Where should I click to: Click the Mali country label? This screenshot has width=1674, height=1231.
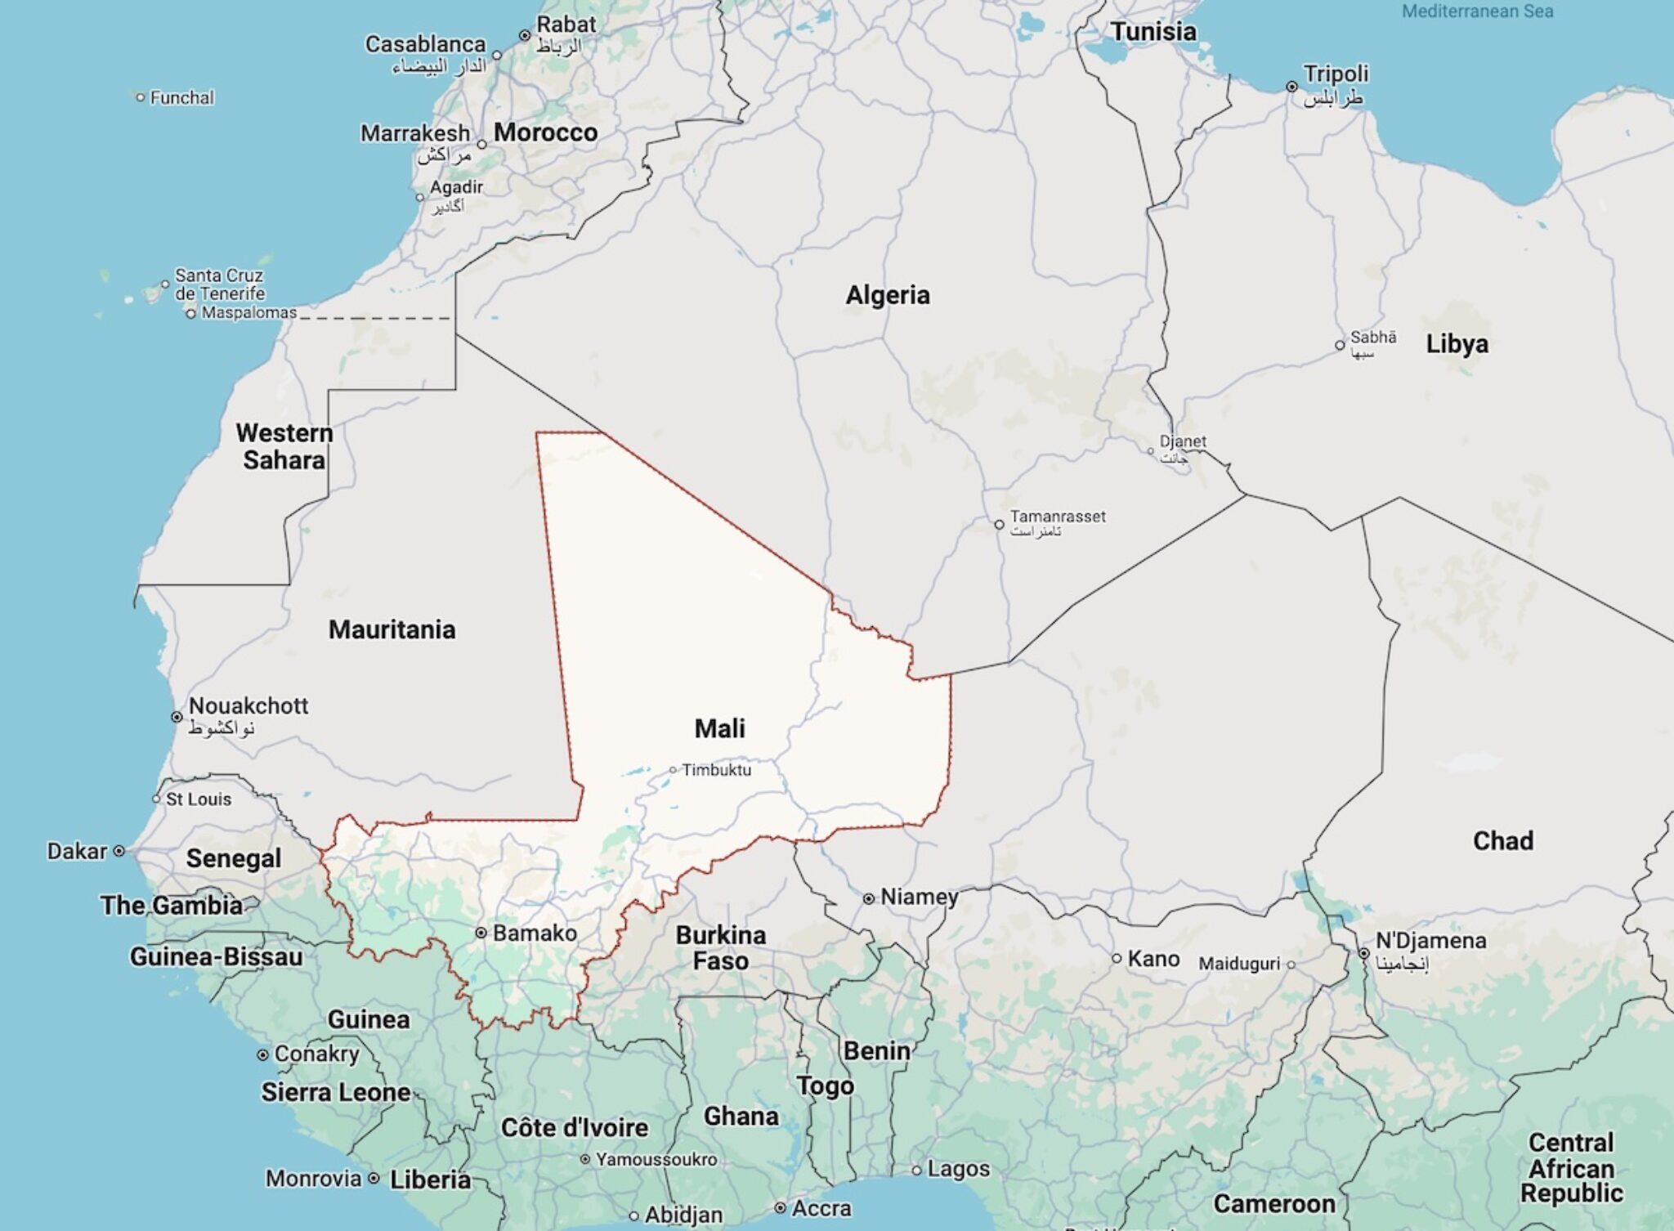tap(719, 728)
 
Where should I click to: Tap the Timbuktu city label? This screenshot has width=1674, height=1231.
tap(716, 770)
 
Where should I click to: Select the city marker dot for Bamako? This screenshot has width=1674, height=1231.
tap(481, 933)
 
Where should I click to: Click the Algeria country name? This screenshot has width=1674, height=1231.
tap(888, 295)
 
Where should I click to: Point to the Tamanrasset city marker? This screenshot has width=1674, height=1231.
tap(999, 524)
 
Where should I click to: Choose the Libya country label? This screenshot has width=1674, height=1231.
tap(1457, 344)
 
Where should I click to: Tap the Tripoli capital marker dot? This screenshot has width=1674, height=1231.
tap(1291, 87)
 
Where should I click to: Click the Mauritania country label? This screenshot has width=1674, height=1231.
tap(392, 629)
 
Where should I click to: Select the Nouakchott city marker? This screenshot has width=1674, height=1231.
tap(177, 717)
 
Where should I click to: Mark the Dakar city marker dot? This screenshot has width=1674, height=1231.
tap(119, 851)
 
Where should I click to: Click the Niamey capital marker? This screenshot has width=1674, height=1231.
tap(869, 898)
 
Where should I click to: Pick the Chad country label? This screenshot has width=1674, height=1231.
tap(1502, 841)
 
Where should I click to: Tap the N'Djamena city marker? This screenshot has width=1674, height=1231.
tap(1363, 953)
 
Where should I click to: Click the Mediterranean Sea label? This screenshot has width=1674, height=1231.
tap(1477, 11)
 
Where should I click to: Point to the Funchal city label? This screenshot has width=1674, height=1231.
tap(181, 98)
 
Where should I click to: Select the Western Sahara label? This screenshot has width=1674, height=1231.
tap(284, 446)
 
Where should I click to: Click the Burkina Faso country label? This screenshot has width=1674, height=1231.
tap(720, 947)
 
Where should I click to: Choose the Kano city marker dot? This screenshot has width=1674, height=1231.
tap(1117, 958)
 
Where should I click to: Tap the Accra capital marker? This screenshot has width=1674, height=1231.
tap(781, 1208)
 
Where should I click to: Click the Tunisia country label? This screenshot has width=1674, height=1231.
tap(1153, 32)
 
